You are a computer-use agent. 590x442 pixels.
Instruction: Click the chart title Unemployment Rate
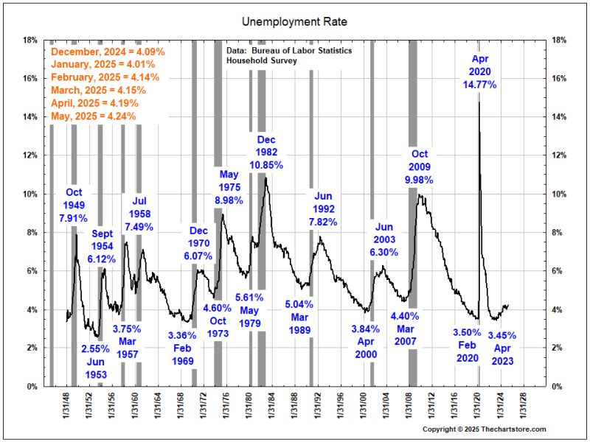pyautogui.click(x=295, y=22)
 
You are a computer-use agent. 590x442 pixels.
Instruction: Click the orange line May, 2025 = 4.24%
pyautogui.click(x=98, y=116)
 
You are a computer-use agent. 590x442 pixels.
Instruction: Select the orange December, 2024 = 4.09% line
pyautogui.click(x=108, y=53)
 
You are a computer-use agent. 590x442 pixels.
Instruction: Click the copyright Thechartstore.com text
pyautogui.click(x=484, y=429)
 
